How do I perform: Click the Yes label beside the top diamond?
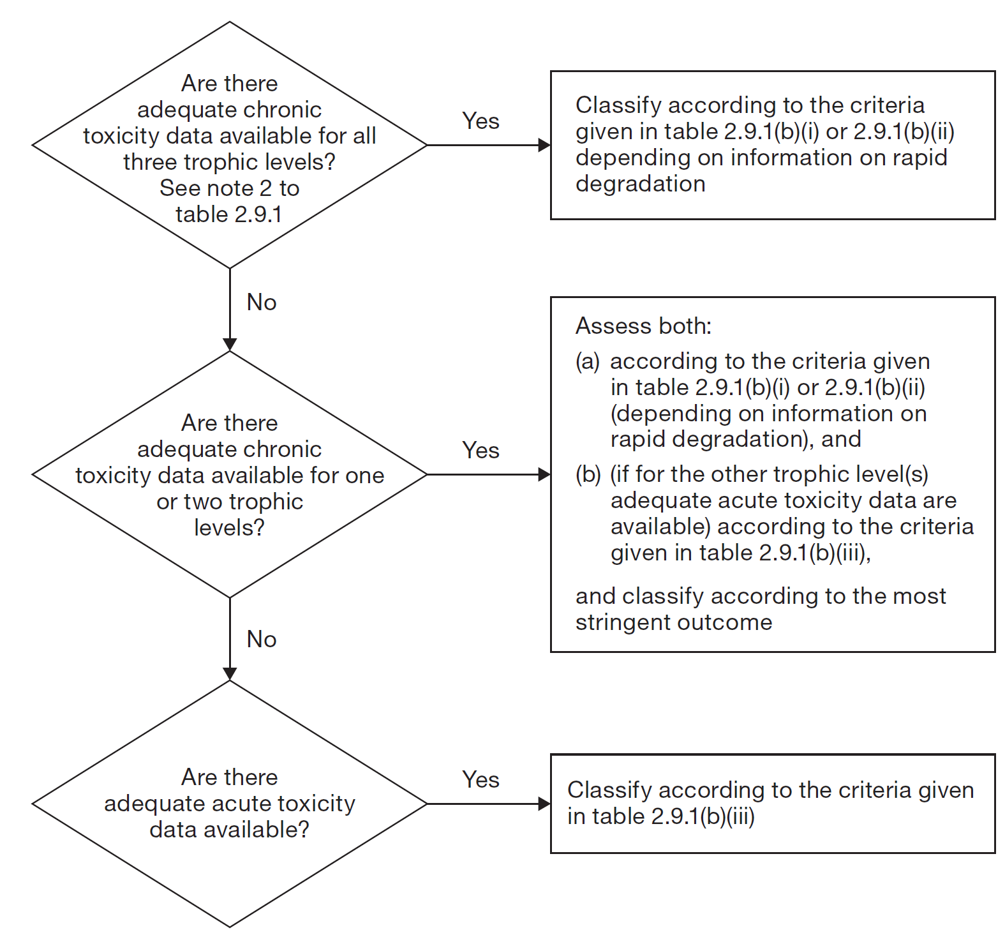(x=480, y=121)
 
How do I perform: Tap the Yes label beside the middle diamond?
(x=480, y=450)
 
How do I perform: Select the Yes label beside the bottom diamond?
(x=480, y=779)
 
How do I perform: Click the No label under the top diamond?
(x=262, y=302)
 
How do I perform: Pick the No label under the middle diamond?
(x=262, y=639)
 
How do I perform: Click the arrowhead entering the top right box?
(x=544, y=146)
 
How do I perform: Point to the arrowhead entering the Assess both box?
(x=544, y=474)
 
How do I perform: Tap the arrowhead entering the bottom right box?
(x=544, y=804)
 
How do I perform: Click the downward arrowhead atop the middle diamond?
(x=230, y=345)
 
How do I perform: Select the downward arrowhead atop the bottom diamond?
(x=230, y=674)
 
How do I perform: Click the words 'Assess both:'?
(x=643, y=326)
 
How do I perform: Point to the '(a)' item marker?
(x=588, y=361)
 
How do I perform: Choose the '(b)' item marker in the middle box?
(x=588, y=474)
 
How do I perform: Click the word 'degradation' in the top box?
(x=640, y=184)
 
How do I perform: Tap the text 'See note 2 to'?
(x=229, y=188)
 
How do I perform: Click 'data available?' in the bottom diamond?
(x=229, y=829)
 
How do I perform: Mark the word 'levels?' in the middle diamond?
(x=229, y=528)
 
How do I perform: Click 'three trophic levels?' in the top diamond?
(x=229, y=162)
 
